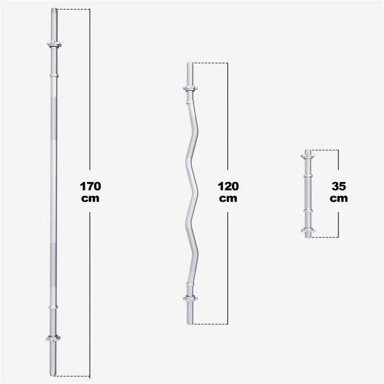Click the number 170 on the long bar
coord(91,186)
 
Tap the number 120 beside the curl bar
coord(228,186)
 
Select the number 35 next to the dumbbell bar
coord(339,186)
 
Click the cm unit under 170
coord(91,199)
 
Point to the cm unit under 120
coord(228,199)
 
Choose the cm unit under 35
coord(339,199)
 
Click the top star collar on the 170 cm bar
coord(54,44)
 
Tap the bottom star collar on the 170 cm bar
coord(53,338)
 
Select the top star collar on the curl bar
coord(190,88)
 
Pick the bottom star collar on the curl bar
coord(190,298)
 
